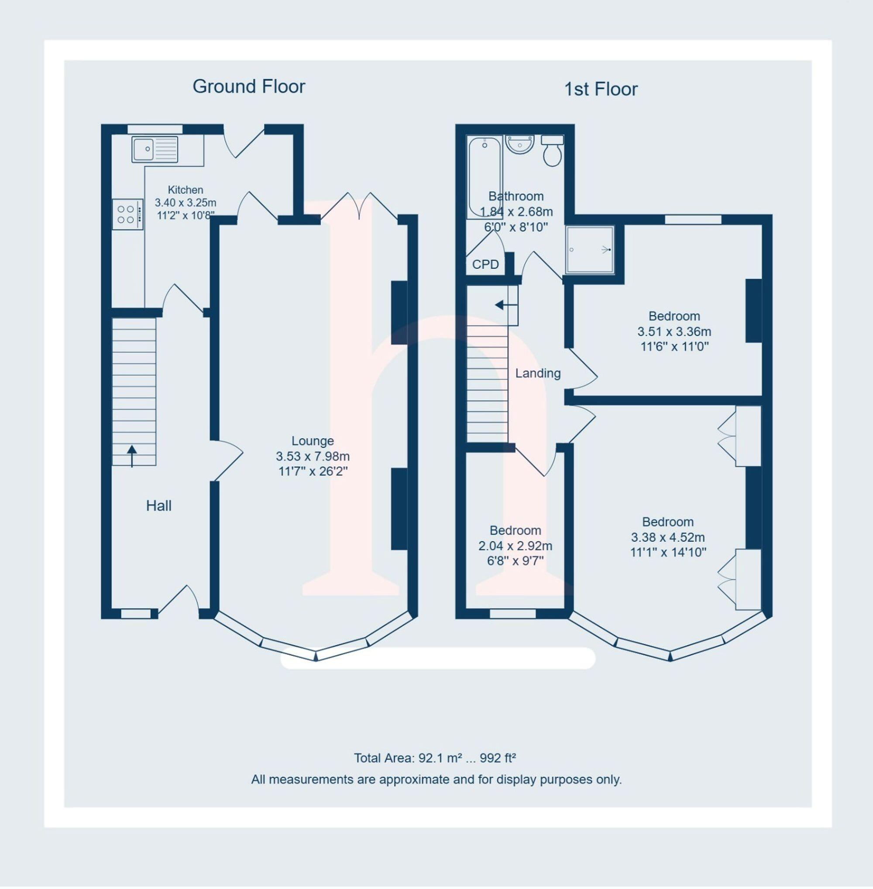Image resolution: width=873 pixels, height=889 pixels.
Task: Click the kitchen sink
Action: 155,149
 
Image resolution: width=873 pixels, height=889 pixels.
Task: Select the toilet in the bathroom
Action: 553,150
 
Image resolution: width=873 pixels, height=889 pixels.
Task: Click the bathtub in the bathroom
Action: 485,178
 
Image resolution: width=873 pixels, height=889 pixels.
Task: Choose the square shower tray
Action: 589,250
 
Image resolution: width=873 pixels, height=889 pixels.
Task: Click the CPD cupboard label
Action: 485,264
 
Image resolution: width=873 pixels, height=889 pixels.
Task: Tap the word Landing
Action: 538,373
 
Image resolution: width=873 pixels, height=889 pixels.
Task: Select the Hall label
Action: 158,506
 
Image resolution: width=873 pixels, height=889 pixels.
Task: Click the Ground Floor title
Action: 248,86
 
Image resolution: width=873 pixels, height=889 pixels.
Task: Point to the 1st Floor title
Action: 600,89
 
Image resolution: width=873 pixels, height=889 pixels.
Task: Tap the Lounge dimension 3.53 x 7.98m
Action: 313,456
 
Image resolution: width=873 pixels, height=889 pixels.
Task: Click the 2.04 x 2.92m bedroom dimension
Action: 516,546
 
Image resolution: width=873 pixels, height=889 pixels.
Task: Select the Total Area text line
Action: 435,758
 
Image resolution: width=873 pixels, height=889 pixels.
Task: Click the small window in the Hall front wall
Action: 136,614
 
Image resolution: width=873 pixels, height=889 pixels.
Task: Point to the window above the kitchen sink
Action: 155,129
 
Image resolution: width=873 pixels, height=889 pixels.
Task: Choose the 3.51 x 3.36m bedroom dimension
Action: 674,332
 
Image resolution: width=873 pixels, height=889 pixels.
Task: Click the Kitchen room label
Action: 185,190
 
